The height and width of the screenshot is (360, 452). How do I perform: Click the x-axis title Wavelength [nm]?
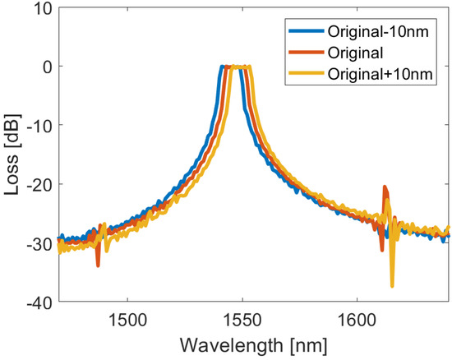[254, 344]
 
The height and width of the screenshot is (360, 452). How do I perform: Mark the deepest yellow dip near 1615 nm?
[392, 285]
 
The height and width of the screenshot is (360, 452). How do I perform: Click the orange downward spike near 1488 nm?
[98, 265]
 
